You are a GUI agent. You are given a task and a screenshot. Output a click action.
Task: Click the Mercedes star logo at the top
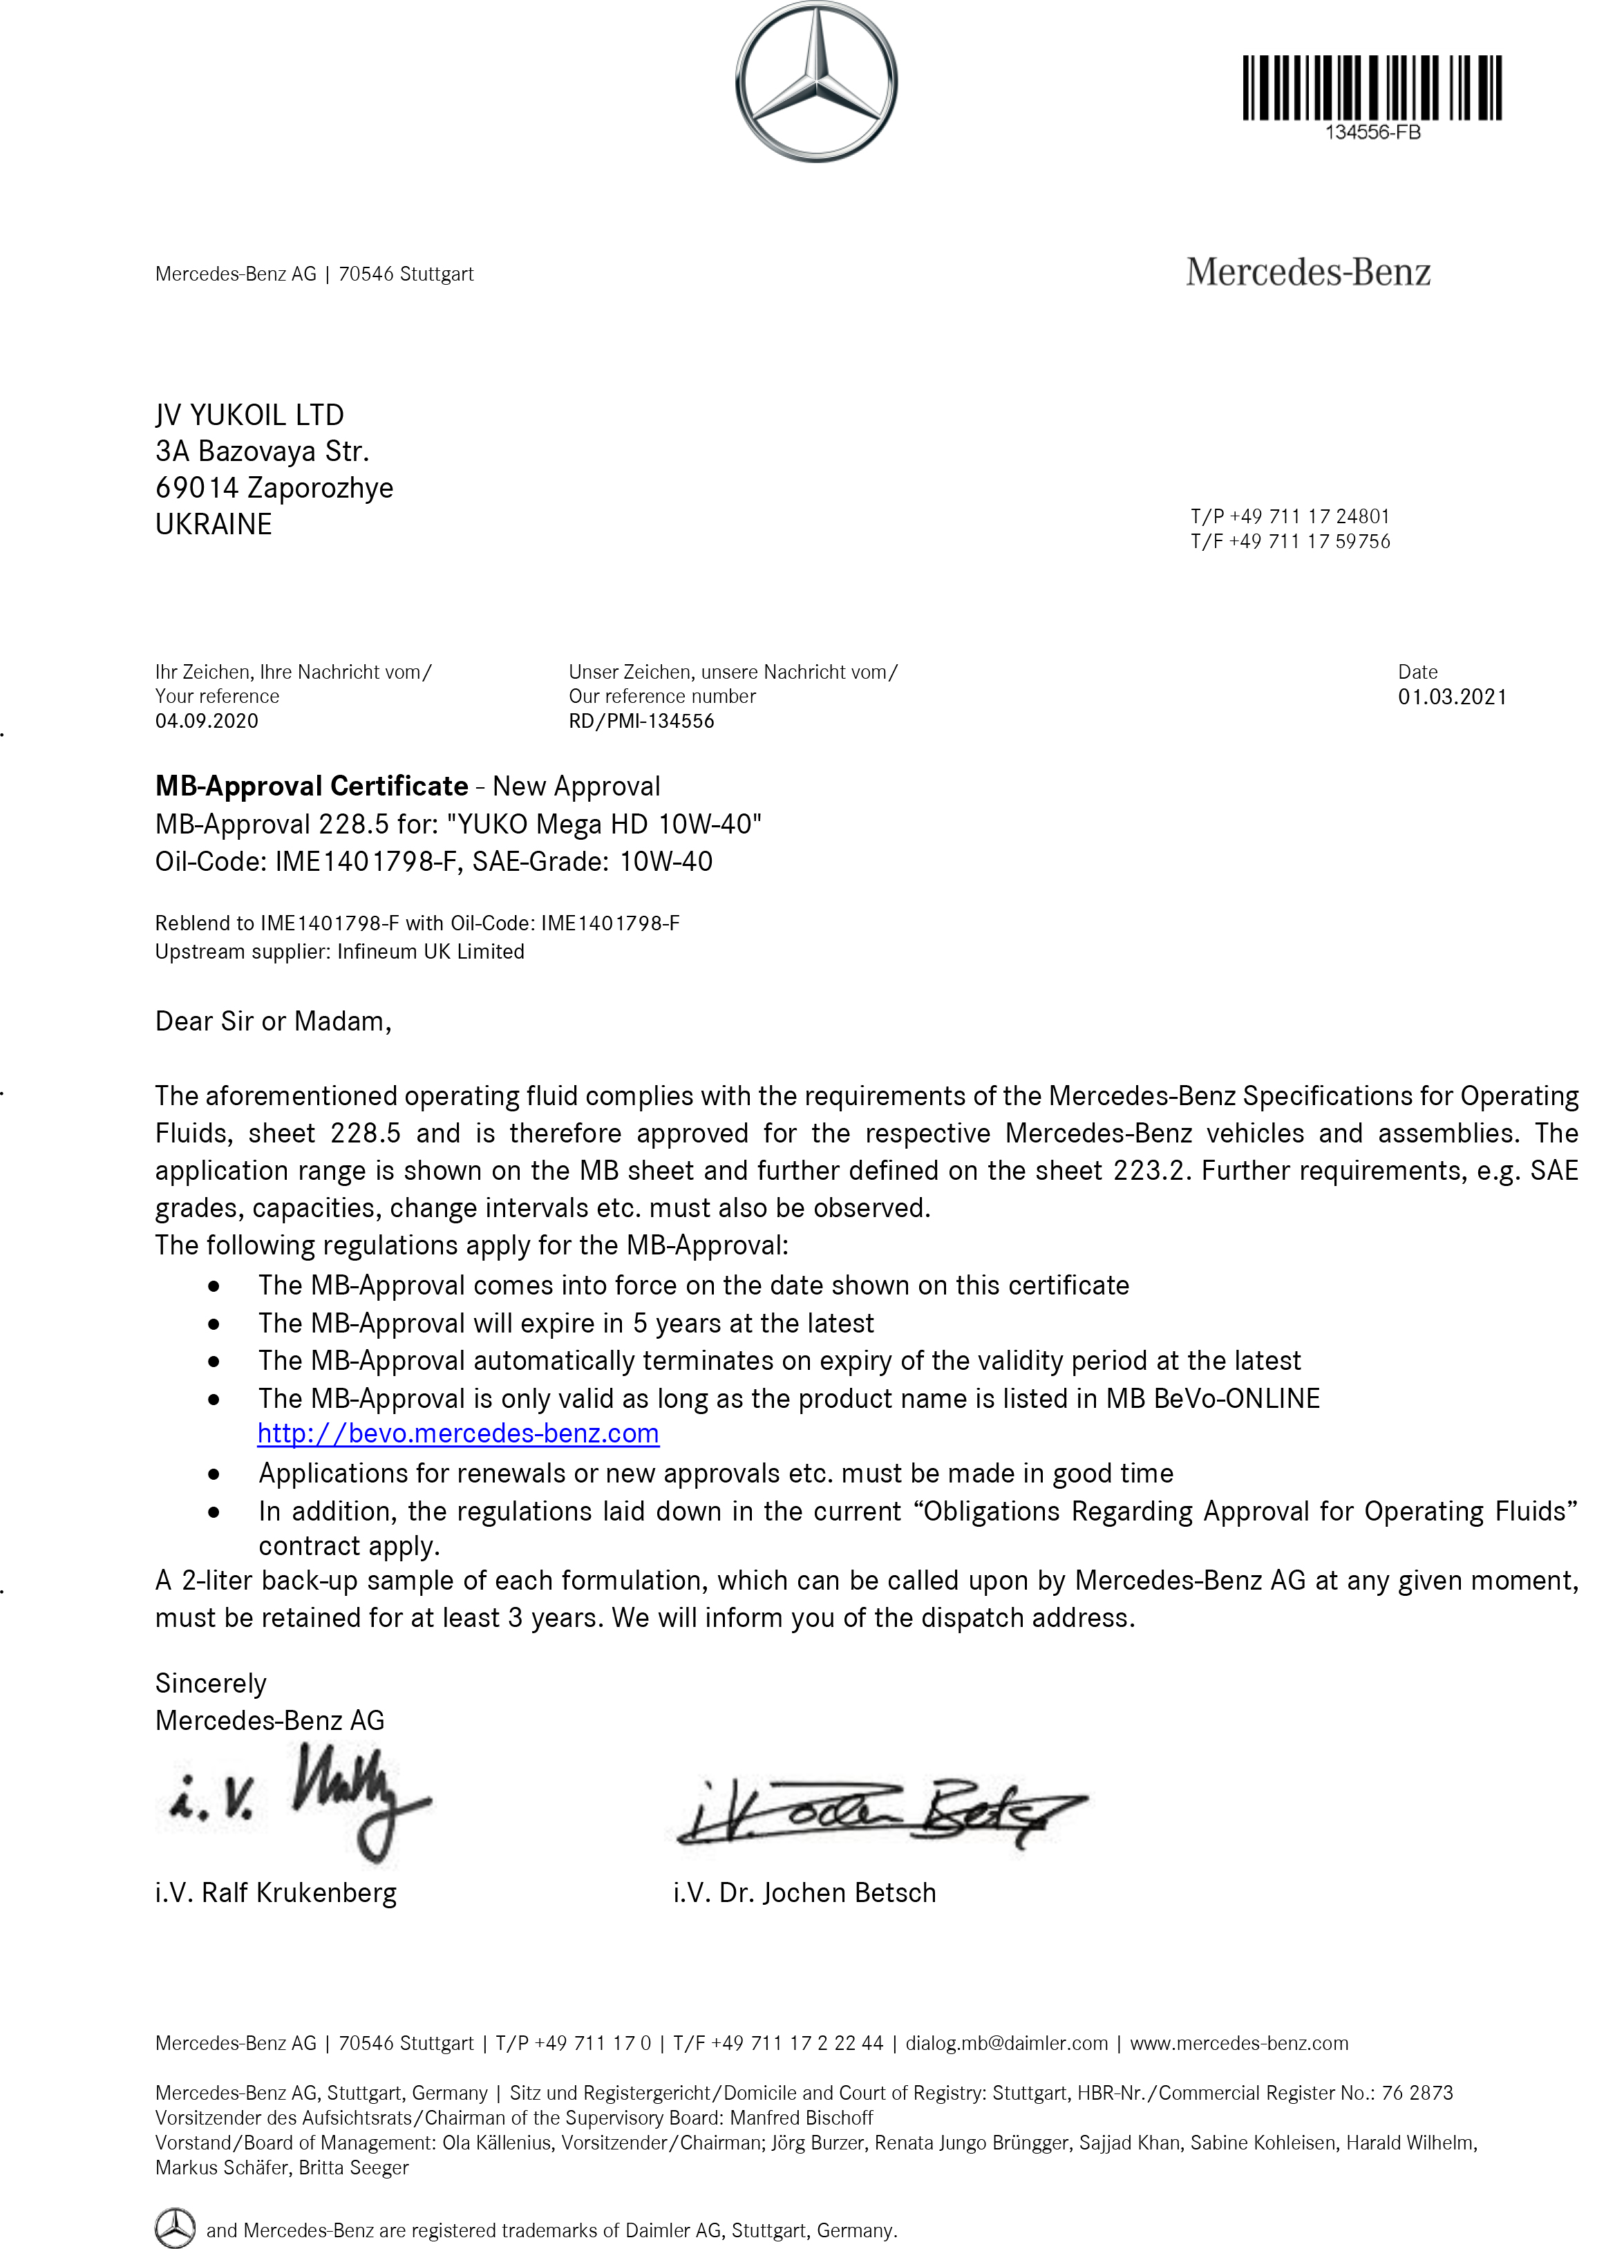(x=816, y=82)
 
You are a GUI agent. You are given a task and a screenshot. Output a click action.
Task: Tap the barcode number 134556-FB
(x=1372, y=133)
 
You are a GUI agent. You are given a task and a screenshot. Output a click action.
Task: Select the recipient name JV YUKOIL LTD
(x=250, y=415)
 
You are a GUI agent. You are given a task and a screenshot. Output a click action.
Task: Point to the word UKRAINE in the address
(x=213, y=524)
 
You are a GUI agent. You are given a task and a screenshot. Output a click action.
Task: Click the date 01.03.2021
(x=1451, y=697)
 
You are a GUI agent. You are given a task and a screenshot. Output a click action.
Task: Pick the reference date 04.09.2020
(x=206, y=721)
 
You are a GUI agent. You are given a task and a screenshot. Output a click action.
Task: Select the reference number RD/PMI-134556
(x=641, y=721)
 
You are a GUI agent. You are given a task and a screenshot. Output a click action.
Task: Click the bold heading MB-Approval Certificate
(x=311, y=787)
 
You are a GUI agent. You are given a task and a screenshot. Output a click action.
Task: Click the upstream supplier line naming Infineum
(x=339, y=952)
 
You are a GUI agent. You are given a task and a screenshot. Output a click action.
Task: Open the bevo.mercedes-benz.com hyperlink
(x=458, y=1434)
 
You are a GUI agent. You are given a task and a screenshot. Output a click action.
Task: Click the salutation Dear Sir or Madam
(x=273, y=1022)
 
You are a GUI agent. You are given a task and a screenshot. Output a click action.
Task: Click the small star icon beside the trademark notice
(x=176, y=2227)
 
